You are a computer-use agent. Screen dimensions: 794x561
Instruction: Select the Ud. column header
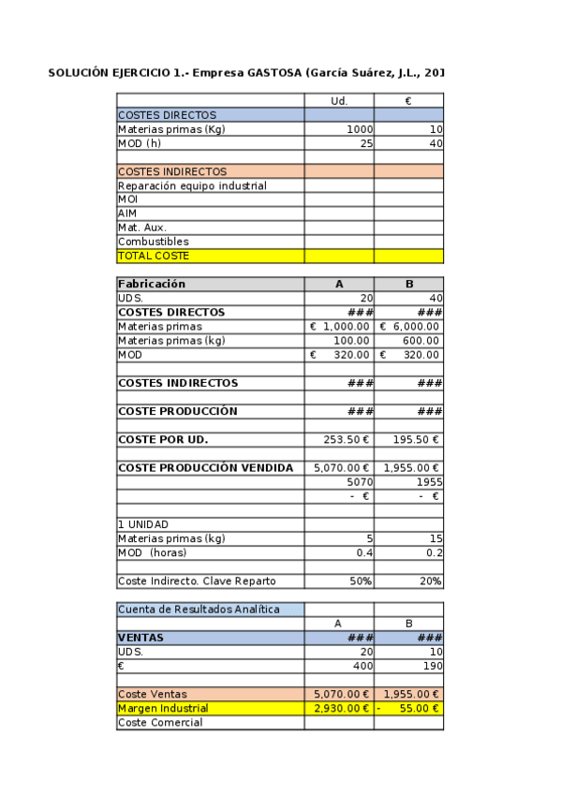pyautogui.click(x=339, y=101)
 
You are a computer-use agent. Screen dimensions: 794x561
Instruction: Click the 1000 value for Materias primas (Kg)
pyautogui.click(x=360, y=129)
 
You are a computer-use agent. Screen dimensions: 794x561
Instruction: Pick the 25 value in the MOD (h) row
pyautogui.click(x=366, y=143)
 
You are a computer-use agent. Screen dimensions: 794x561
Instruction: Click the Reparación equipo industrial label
pyautogui.click(x=192, y=185)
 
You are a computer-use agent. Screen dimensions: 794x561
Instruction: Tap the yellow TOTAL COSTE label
pyautogui.click(x=154, y=256)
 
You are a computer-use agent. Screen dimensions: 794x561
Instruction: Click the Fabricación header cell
pyautogui.click(x=152, y=284)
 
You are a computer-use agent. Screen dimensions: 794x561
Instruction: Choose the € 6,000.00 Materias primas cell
pyautogui.click(x=409, y=327)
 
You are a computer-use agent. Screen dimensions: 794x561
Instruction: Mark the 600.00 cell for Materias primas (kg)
pyautogui.click(x=423, y=341)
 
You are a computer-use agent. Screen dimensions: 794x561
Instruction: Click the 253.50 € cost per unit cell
pyautogui.click(x=347, y=439)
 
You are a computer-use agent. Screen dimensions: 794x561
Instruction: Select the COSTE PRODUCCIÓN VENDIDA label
pyautogui.click(x=205, y=467)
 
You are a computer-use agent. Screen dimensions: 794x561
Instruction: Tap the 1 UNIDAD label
pyautogui.click(x=143, y=524)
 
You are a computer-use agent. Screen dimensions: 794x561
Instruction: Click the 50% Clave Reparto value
pyautogui.click(x=361, y=581)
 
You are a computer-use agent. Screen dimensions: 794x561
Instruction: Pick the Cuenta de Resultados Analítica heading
pyautogui.click(x=199, y=610)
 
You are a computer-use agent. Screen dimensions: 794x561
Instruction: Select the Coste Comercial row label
pyautogui.click(x=160, y=723)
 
